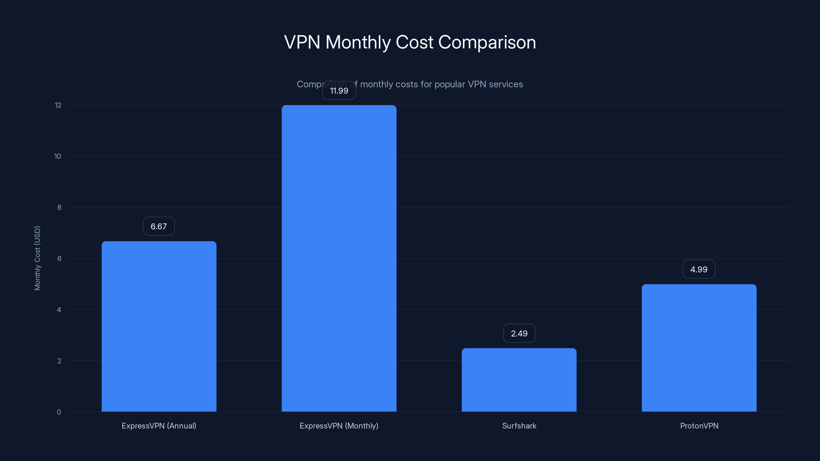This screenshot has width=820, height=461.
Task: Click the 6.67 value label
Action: (159, 226)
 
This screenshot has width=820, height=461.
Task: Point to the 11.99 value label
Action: (339, 91)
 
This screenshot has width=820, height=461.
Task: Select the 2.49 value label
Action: (519, 333)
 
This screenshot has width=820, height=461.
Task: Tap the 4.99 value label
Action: (699, 269)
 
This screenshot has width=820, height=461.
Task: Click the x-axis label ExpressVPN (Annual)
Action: (159, 426)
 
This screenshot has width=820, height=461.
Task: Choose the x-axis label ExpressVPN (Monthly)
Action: (339, 426)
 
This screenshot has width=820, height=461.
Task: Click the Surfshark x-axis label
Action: (519, 426)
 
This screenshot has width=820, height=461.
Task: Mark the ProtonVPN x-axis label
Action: (699, 426)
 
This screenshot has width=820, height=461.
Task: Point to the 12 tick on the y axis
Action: (58, 105)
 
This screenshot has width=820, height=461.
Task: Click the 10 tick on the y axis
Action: (58, 156)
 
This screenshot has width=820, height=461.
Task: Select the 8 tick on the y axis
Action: (59, 207)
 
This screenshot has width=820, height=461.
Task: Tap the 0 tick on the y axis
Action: (59, 412)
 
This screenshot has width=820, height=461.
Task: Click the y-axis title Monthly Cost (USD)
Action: (37, 258)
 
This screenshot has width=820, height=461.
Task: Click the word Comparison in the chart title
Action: (487, 42)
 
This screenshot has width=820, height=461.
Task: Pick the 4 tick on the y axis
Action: (59, 310)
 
